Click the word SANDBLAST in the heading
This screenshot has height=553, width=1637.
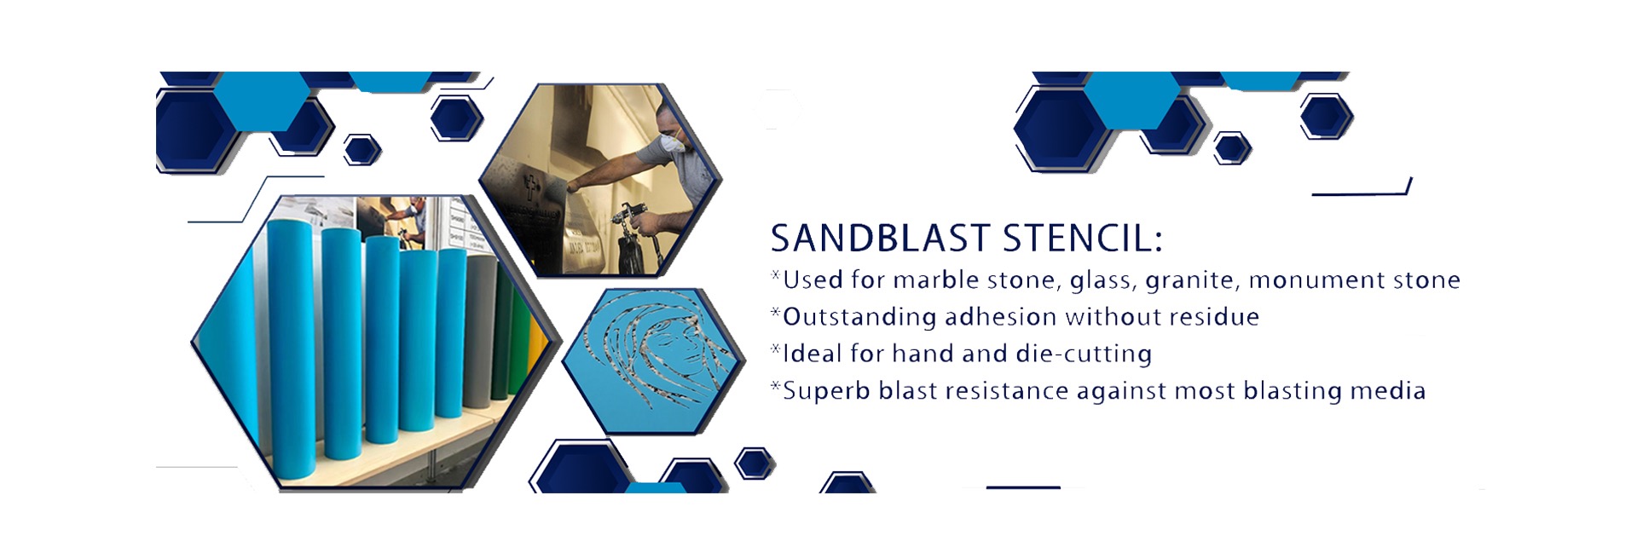pyautogui.click(x=880, y=239)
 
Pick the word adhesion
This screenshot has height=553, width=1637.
pyautogui.click(x=1000, y=317)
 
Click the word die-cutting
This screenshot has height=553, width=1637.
pyautogui.click(x=1084, y=354)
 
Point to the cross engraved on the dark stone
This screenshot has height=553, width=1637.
pyautogui.click(x=532, y=185)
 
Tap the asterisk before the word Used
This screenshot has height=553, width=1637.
pyautogui.click(x=776, y=274)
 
